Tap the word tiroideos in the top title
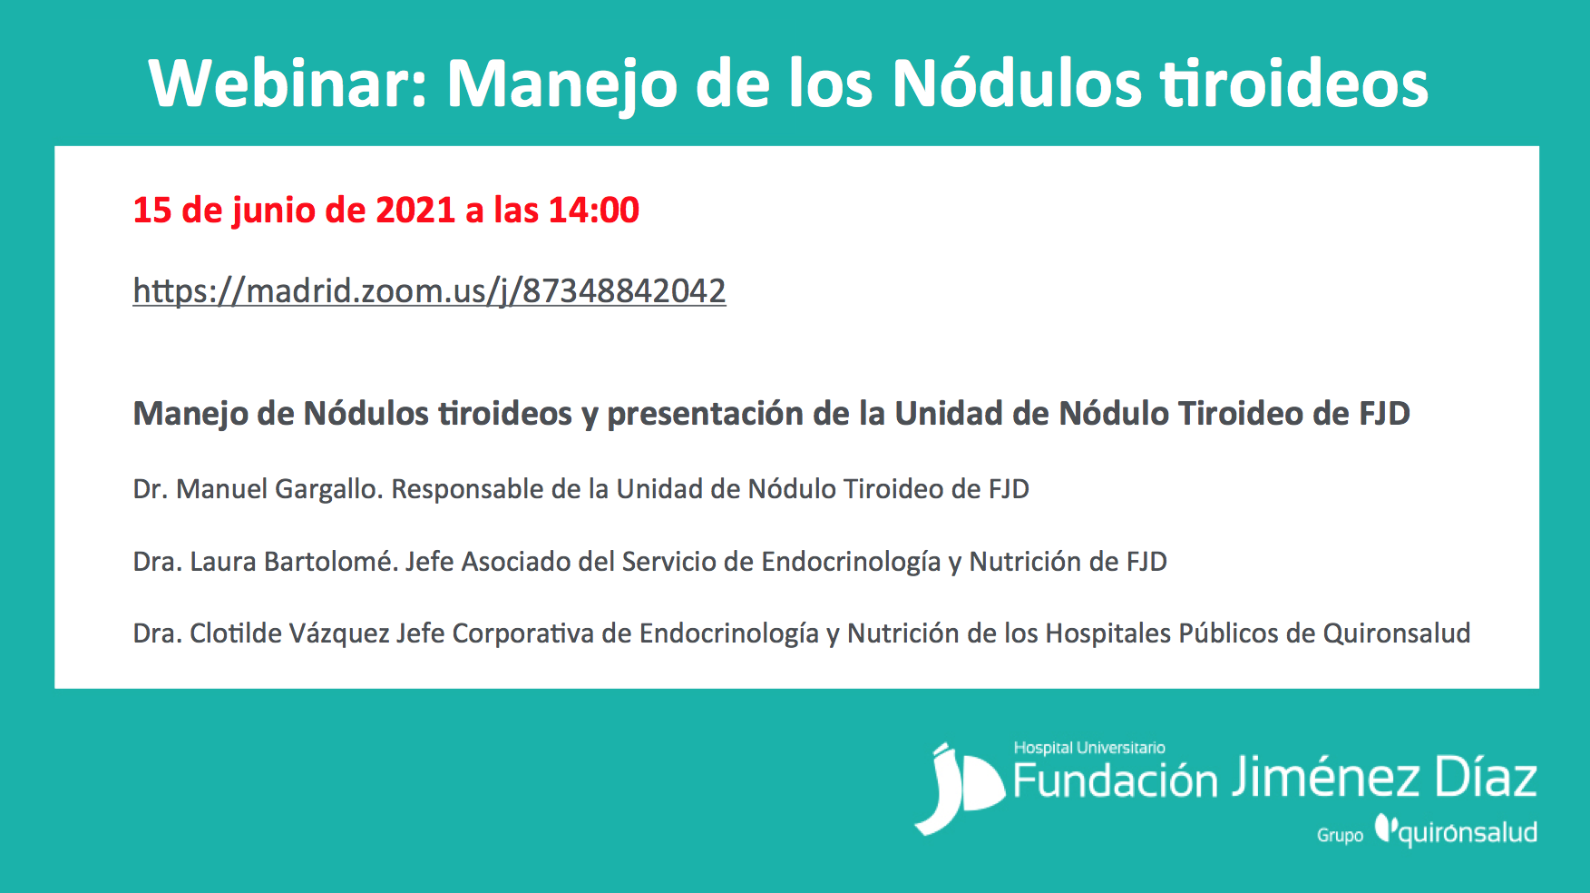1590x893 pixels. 1295,83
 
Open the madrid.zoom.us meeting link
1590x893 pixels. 429,291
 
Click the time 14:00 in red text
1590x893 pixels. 594,210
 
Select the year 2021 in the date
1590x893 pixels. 415,210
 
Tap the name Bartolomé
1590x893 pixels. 330,562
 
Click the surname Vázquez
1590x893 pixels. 339,634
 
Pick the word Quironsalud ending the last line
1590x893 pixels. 1397,633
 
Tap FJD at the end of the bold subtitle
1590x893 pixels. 1384,414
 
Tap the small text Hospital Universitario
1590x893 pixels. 1089,748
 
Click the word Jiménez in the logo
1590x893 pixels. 1327,779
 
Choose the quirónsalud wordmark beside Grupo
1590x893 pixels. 1457,830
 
